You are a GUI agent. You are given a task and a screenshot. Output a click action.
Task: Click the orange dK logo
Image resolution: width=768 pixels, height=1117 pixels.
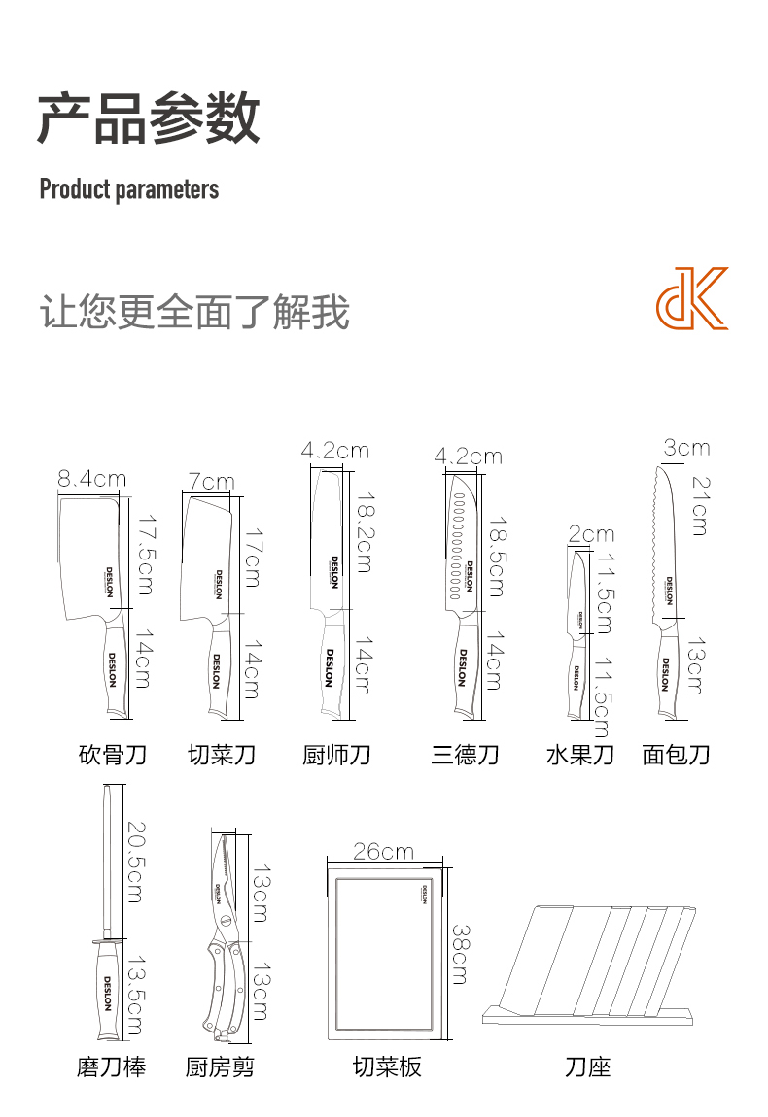click(691, 298)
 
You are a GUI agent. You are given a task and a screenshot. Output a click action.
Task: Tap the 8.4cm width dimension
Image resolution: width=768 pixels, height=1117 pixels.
click(92, 478)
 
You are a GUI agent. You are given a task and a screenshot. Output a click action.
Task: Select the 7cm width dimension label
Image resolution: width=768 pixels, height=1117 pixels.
click(211, 481)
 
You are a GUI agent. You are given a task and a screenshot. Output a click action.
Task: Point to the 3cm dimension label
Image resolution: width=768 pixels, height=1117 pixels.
click(686, 448)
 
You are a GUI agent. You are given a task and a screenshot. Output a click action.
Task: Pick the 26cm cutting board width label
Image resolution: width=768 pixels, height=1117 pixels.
click(383, 852)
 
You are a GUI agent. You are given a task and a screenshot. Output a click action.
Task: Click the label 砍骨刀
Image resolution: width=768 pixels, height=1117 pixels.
click(112, 754)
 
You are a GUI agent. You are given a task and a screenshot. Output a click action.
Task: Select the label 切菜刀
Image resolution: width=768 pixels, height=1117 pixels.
click(222, 754)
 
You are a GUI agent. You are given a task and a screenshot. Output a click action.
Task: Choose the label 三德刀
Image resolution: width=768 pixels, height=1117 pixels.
click(465, 754)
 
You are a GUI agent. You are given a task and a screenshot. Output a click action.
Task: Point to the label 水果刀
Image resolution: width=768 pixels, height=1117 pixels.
click(580, 754)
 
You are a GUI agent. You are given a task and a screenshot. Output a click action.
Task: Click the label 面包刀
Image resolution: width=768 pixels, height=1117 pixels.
click(677, 754)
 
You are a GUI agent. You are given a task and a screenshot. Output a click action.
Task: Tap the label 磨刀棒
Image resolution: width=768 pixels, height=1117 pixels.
click(112, 1066)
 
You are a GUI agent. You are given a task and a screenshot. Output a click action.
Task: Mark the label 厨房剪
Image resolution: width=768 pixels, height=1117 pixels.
click(221, 1066)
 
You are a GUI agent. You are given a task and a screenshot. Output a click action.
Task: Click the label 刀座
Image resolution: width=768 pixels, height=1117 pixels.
click(587, 1066)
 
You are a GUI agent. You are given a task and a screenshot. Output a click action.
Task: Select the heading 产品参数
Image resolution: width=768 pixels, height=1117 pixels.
click(149, 118)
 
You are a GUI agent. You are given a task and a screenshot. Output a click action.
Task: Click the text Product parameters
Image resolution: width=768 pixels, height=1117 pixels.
click(128, 188)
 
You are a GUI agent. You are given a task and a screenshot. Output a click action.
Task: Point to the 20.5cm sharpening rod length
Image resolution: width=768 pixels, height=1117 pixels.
click(133, 862)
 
